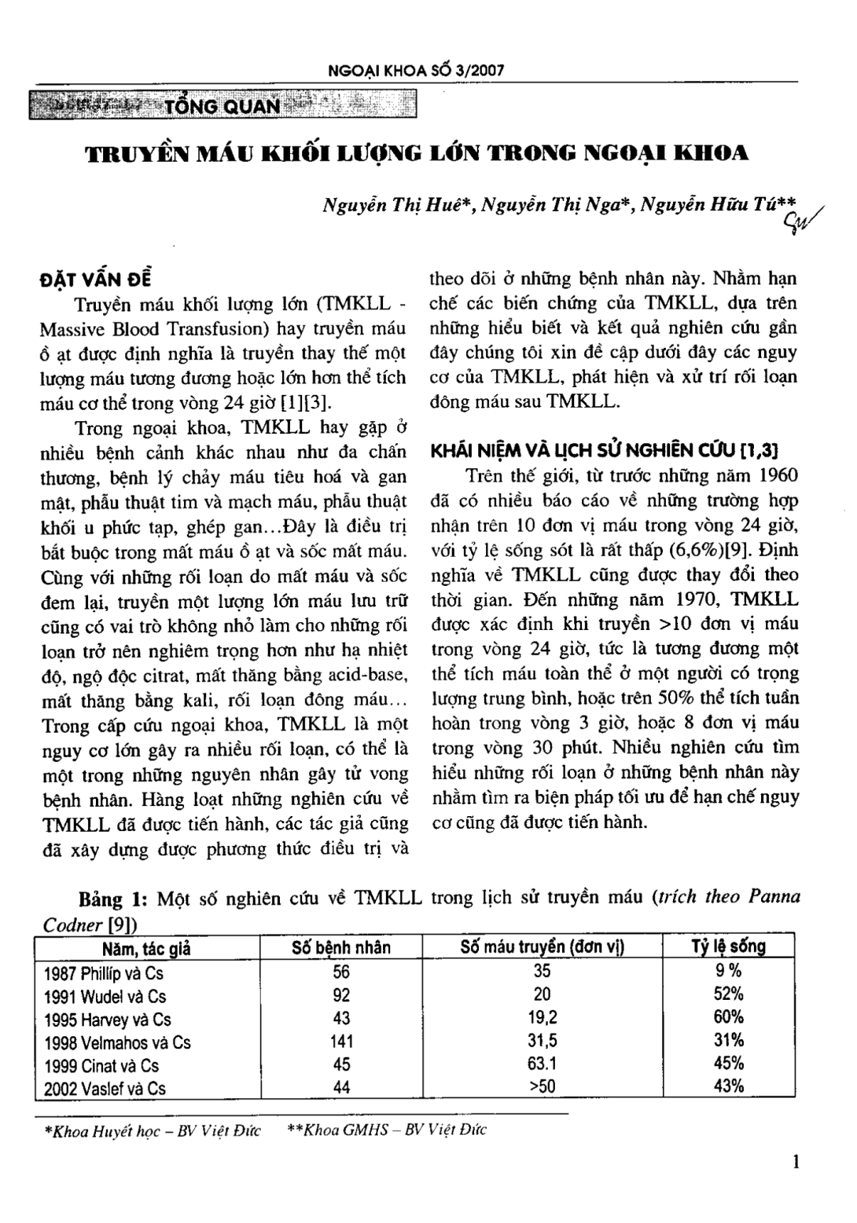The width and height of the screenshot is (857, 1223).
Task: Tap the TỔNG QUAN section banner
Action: [x=222, y=104]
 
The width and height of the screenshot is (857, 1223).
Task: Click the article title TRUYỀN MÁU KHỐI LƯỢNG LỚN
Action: [x=417, y=152]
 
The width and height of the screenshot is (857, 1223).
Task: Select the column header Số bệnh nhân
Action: [x=340, y=947]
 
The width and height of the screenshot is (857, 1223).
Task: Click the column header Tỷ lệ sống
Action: [x=729, y=947]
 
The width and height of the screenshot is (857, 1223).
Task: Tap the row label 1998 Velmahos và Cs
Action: [x=117, y=1042]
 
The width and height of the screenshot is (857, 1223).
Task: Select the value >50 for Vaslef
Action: [x=543, y=1088]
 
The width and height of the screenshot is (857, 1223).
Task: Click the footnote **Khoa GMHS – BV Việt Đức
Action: [x=387, y=1131]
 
